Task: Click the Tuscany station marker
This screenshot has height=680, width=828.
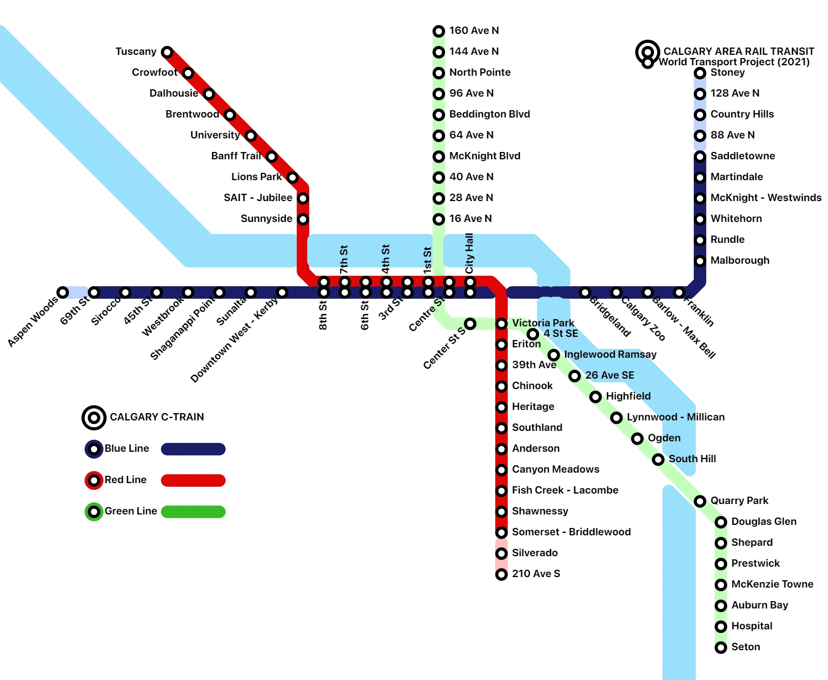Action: tap(167, 52)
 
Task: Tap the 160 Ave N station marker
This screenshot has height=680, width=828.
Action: tap(439, 31)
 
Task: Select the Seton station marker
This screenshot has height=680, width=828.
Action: tap(721, 648)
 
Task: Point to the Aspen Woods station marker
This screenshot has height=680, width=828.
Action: tap(63, 292)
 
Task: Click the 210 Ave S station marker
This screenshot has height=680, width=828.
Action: tap(502, 575)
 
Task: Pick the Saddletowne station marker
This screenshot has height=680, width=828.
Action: tap(700, 157)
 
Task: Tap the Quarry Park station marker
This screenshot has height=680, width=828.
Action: tap(700, 501)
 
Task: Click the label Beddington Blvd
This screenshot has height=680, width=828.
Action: tap(489, 114)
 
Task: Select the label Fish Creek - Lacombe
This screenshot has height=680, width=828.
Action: tap(565, 490)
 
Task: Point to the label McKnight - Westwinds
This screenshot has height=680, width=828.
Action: tap(765, 198)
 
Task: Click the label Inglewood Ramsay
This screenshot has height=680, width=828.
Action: tap(610, 355)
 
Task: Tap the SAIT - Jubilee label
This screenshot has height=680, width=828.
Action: tap(258, 198)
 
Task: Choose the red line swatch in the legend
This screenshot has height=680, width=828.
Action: tap(193, 480)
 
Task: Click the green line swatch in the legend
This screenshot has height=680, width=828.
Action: tap(193, 512)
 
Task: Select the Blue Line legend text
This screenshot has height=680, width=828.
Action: tap(126, 449)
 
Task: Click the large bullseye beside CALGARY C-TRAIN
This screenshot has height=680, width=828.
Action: tap(94, 418)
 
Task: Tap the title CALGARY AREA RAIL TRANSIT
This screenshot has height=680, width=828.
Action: tap(739, 51)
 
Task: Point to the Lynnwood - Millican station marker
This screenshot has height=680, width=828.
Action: tap(616, 418)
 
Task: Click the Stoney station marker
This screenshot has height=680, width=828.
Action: tap(700, 73)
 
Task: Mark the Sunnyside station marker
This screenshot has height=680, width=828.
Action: tap(303, 219)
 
